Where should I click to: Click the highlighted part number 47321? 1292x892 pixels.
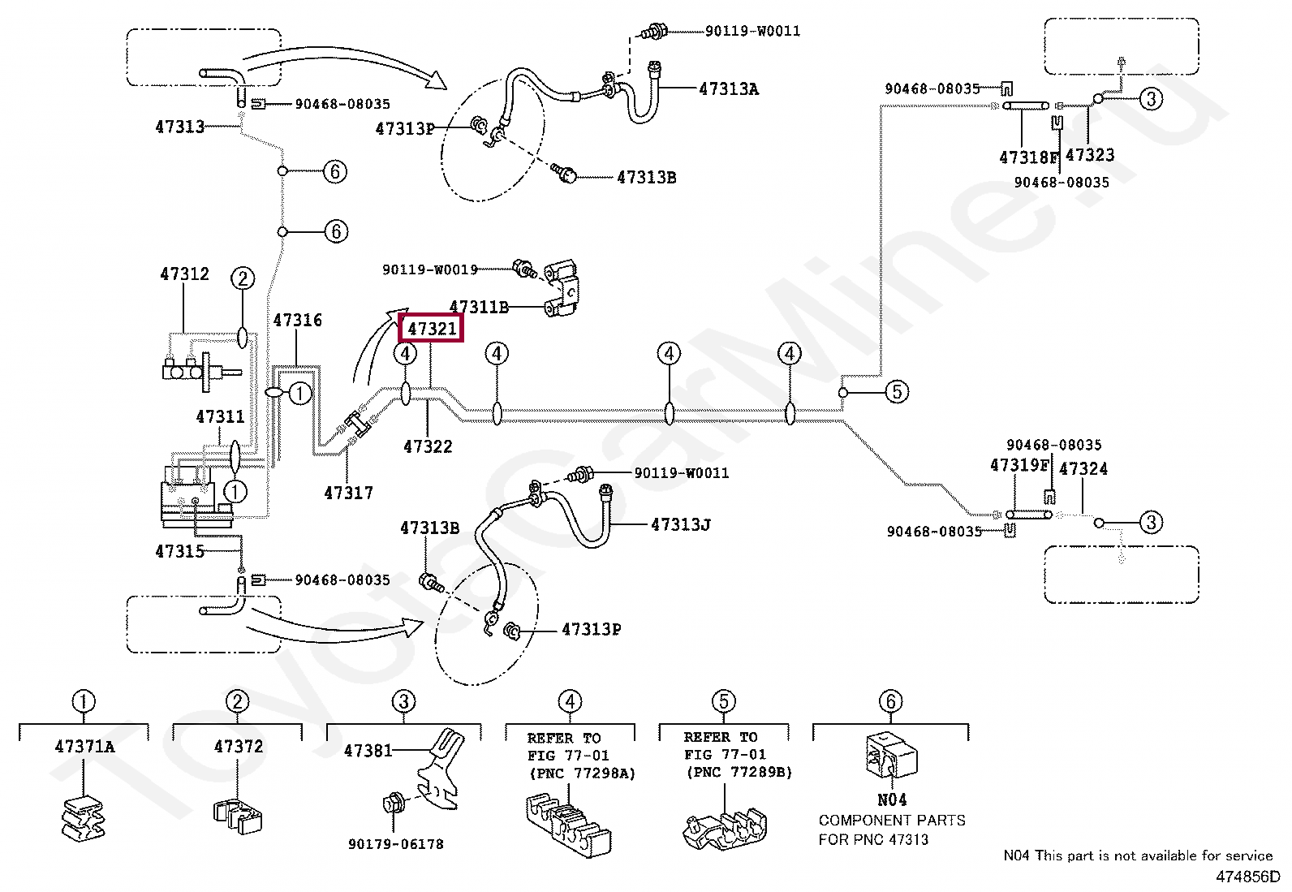(x=432, y=329)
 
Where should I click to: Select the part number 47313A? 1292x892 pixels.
(x=729, y=88)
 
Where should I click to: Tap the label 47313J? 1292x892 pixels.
(x=681, y=524)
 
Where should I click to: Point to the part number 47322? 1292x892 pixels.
(x=428, y=446)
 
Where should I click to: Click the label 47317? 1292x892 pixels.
(x=348, y=493)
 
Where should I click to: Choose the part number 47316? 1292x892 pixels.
(x=298, y=320)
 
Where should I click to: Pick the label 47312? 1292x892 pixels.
(x=184, y=274)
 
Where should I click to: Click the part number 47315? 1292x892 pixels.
(x=180, y=551)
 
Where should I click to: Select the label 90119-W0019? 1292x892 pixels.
(x=429, y=269)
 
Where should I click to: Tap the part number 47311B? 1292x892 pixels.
(x=479, y=307)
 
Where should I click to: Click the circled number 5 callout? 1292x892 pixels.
(x=897, y=392)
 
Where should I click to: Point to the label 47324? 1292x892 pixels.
(x=1083, y=468)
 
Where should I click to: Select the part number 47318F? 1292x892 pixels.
(x=1029, y=157)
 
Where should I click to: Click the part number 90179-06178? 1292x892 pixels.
(x=396, y=844)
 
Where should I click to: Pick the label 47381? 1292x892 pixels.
(x=368, y=750)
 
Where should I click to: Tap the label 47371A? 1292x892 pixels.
(x=84, y=747)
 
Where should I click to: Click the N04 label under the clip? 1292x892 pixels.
(x=892, y=799)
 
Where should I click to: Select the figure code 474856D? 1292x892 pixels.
(x=1247, y=877)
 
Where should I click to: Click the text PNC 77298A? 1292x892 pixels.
(x=583, y=773)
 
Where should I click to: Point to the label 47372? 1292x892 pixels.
(x=239, y=747)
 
